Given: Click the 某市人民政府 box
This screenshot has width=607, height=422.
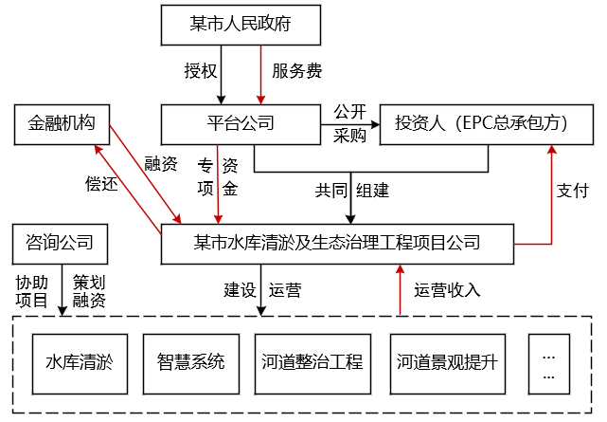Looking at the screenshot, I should [x=241, y=23].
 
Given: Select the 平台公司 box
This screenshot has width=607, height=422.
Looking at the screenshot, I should [x=241, y=124].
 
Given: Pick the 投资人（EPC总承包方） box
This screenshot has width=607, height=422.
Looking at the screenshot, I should [x=481, y=124].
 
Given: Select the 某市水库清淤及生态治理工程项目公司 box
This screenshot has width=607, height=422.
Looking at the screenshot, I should [x=336, y=244].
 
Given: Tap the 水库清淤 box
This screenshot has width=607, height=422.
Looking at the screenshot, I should [x=80, y=360].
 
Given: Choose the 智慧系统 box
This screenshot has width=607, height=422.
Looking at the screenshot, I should [x=190, y=360].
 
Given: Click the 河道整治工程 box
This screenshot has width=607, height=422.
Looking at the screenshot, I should [x=312, y=360].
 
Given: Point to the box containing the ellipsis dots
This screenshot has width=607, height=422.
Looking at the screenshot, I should [x=549, y=360].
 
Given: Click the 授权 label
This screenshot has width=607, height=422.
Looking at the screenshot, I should [x=200, y=71].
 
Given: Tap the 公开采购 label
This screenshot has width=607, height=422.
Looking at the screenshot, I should [x=349, y=124].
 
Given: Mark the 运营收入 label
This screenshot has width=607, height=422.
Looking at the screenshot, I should [x=448, y=290].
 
